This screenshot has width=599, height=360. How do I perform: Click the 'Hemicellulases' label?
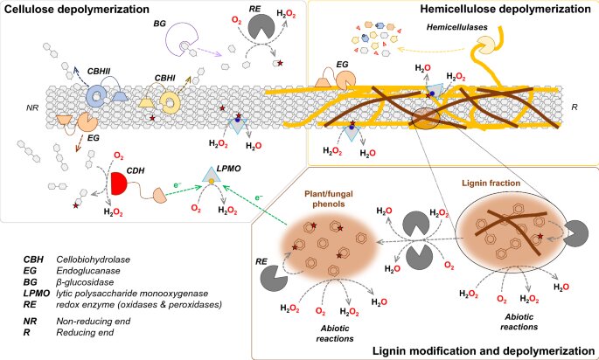tap(451, 30)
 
